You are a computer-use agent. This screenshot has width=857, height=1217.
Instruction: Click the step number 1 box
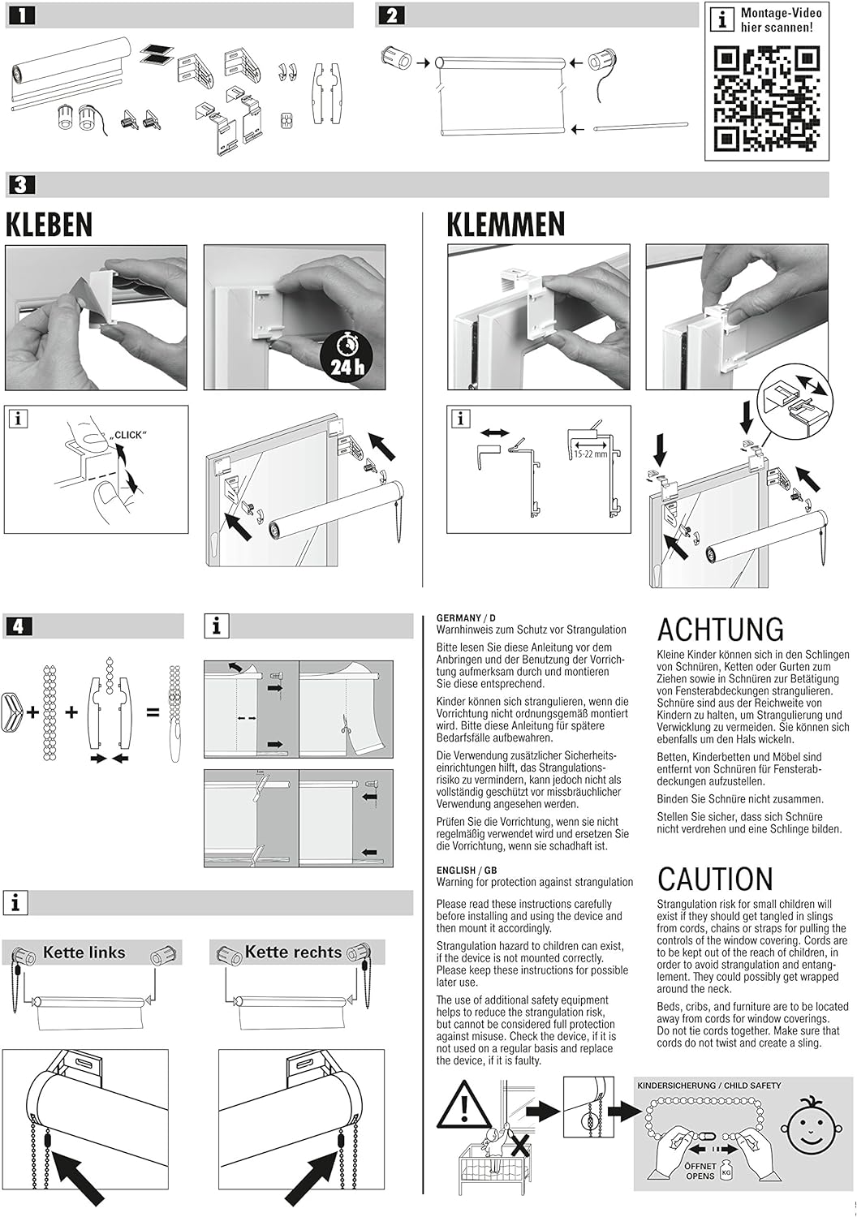pos(20,15)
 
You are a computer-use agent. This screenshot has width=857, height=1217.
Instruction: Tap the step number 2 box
pos(391,15)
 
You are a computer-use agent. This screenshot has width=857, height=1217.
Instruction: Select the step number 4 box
pos(19,626)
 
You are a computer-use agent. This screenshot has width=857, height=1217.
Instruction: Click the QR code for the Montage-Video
pos(768,98)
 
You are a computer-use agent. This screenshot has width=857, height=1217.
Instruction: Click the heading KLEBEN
pos(50,224)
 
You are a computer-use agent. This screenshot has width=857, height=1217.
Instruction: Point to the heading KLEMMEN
pos(506,224)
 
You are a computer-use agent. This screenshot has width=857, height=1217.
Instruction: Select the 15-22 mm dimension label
pos(590,454)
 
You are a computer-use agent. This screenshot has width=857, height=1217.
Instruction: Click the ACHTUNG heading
pos(721,629)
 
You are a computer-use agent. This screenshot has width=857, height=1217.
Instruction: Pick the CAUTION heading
pos(715,879)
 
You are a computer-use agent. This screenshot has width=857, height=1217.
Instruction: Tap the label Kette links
pos(84,953)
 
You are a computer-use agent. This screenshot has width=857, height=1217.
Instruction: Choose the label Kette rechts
pos(294,952)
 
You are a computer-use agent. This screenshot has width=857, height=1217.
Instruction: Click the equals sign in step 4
pos(153,712)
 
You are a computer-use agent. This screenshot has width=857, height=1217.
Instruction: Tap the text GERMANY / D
pos(467,617)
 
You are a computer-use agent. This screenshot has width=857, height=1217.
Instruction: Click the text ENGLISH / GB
pos(467,871)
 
